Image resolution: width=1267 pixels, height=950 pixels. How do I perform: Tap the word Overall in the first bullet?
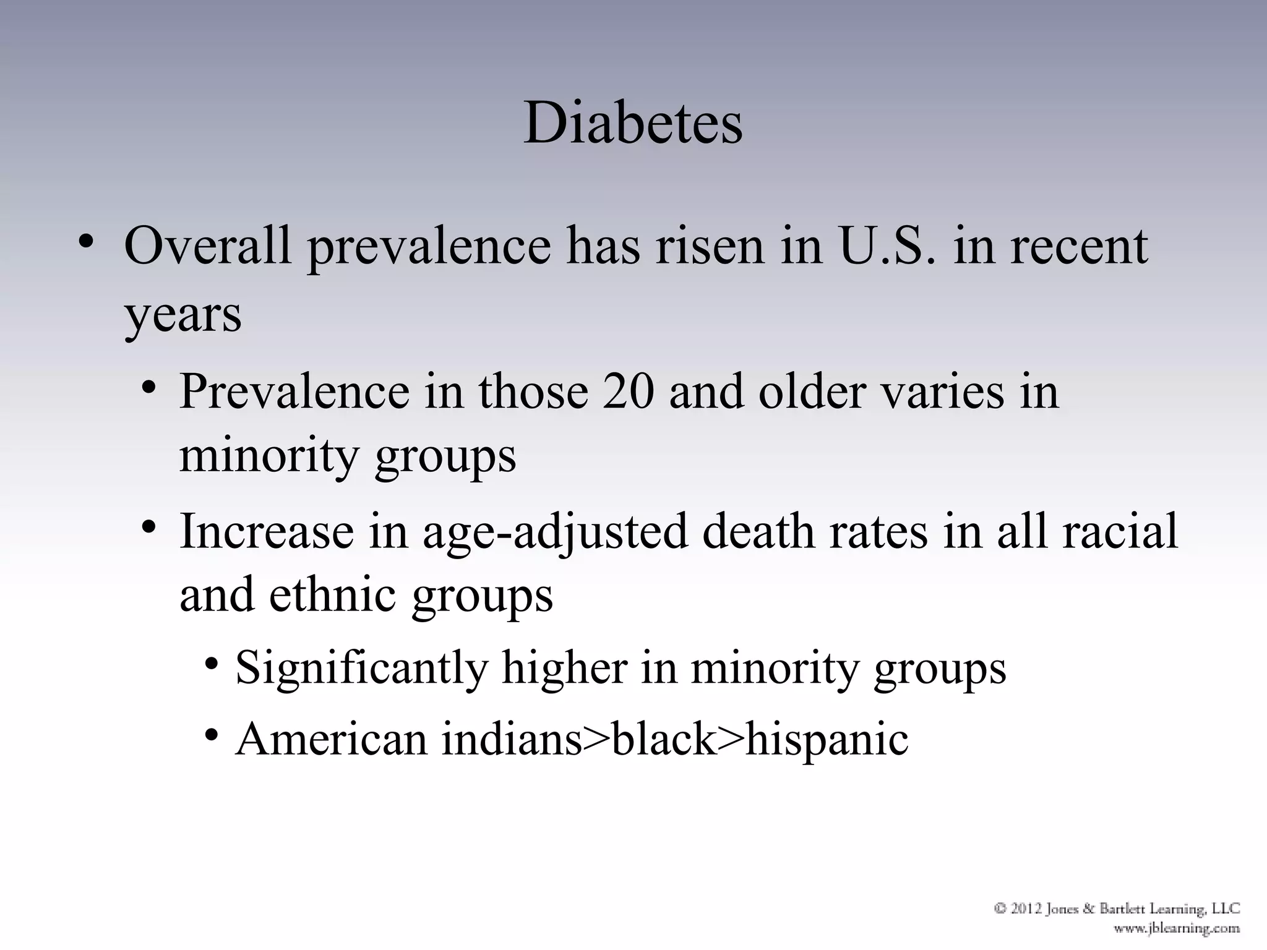pos(207,246)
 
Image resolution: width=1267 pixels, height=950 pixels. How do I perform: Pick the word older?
pos(812,392)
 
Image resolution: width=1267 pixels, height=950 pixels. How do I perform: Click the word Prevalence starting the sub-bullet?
pos(294,392)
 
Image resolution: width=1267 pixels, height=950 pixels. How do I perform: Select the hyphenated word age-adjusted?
pos(555,532)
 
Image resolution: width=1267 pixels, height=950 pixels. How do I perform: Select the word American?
pos(332,738)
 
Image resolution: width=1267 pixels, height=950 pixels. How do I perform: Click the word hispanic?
pos(827,740)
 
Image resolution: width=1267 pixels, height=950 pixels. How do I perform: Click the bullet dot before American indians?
pos(212,735)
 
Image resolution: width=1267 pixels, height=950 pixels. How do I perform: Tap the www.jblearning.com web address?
pos(1177,928)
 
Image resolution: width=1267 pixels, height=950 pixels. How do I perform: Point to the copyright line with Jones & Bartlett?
pos(1117,909)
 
